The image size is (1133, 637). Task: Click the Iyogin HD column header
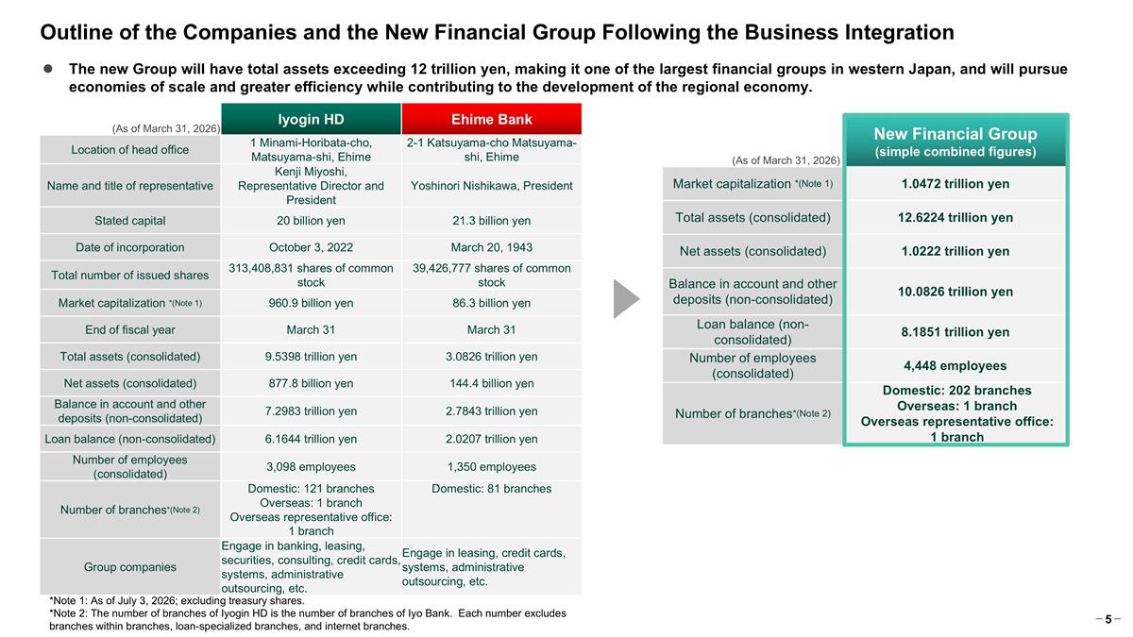tap(311, 119)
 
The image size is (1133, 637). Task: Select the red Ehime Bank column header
tap(492, 119)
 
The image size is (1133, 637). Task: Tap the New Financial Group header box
tap(955, 141)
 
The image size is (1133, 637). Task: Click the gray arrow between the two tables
tap(626, 299)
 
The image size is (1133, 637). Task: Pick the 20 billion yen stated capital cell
tap(311, 221)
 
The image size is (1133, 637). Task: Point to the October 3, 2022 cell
tap(311, 247)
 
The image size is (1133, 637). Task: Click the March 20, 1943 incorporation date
tap(492, 247)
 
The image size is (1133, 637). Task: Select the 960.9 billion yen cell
tap(311, 303)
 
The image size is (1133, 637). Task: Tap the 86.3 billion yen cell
tap(492, 303)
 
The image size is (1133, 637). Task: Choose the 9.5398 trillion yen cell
tap(311, 357)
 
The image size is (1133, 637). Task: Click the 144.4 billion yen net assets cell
tap(492, 384)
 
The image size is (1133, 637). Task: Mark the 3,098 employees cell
tap(311, 467)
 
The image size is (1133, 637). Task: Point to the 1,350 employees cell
tap(492, 467)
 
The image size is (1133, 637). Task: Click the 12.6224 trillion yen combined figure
tap(955, 218)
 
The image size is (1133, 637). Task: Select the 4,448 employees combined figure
tap(955, 366)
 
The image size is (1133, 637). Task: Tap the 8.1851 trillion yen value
tap(955, 332)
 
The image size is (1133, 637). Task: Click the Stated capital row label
tap(130, 221)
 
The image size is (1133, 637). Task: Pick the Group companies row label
tap(130, 567)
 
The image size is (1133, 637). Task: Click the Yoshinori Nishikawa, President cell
tap(492, 186)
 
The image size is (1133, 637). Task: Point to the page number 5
tap(1108, 620)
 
